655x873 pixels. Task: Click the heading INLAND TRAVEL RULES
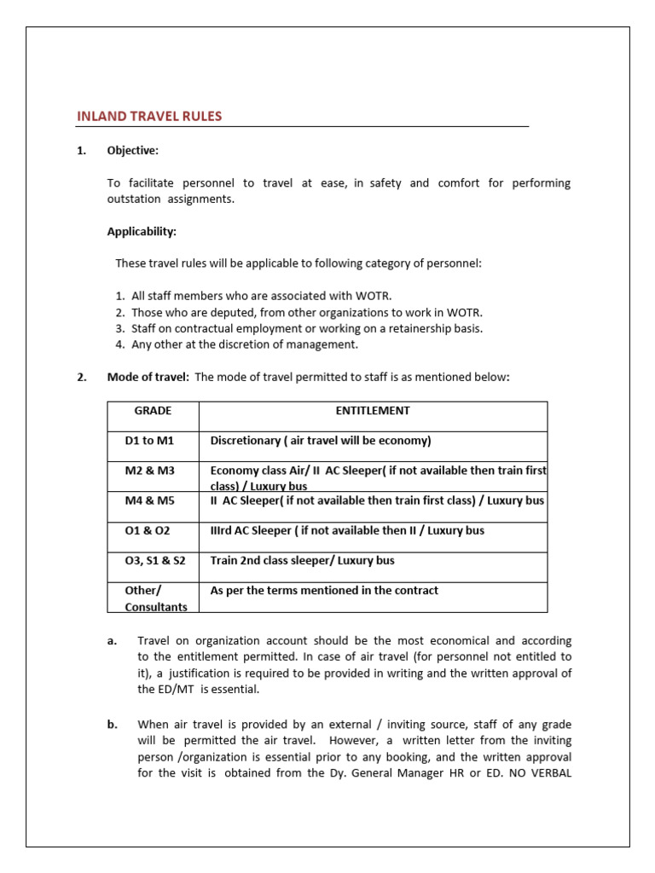[150, 117]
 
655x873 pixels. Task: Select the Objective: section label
[132, 151]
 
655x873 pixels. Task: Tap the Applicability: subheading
[142, 231]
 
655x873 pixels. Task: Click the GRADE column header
[153, 411]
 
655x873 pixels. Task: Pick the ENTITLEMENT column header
[373, 411]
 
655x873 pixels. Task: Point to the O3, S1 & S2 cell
[154, 561]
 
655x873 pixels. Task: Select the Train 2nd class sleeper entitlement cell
[302, 561]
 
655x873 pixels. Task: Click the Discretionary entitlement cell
[321, 441]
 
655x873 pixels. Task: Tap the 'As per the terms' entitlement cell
[324, 591]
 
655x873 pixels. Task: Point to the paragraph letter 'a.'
[113, 640]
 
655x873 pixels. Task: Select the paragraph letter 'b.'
[113, 725]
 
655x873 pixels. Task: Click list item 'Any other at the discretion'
[244, 344]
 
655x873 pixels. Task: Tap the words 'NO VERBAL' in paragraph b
[542, 774]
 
